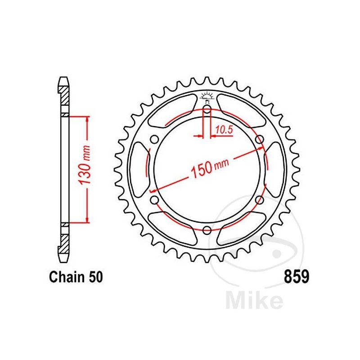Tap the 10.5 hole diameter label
[x=224, y=130]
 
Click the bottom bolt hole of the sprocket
[x=207, y=231]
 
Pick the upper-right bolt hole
[x=260, y=140]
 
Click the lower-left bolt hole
[x=154, y=199]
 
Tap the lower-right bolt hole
[x=260, y=199]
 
